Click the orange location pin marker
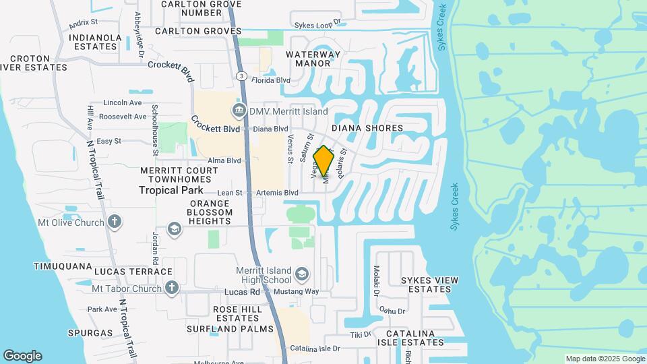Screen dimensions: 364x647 (x=324, y=162)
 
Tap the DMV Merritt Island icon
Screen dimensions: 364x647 (x=239, y=111)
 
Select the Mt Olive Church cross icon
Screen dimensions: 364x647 (x=115, y=222)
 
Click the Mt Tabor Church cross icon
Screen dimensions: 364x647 (x=172, y=289)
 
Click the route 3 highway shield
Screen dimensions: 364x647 (x=241, y=76)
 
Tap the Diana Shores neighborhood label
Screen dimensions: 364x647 (x=367, y=128)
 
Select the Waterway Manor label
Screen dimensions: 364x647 (x=313, y=59)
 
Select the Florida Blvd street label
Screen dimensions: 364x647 (x=270, y=80)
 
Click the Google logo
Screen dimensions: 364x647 (x=22, y=356)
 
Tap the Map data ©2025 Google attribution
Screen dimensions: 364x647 (x=605, y=359)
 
